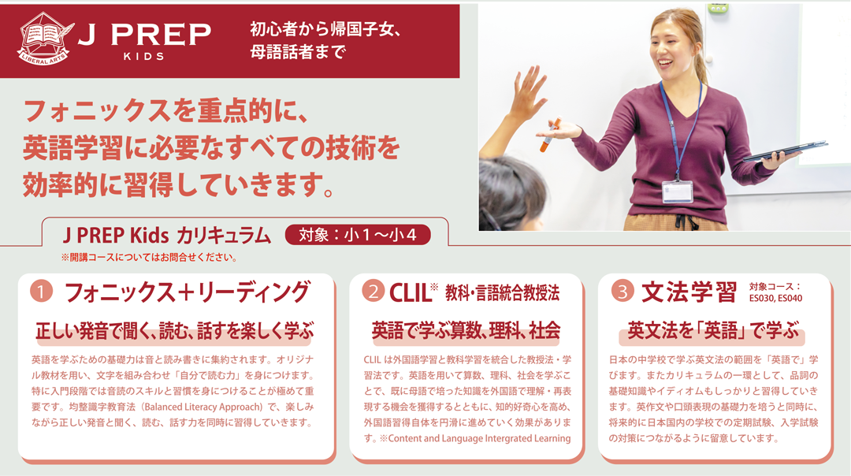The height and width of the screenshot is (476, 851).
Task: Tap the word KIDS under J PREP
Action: [144, 57]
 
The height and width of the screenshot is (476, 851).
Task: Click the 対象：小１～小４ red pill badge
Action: [358, 235]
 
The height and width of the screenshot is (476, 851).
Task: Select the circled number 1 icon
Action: [41, 291]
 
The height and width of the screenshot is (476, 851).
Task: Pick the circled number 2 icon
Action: [373, 292]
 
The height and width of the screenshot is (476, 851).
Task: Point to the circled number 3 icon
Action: [622, 292]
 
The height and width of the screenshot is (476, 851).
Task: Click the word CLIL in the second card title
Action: [410, 293]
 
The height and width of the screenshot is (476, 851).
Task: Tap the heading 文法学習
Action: [689, 292]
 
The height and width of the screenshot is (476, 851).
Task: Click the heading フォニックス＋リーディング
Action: [188, 292]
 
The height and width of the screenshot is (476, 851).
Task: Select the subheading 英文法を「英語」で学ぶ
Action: [712, 330]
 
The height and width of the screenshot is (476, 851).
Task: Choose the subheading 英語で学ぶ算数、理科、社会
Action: [466, 330]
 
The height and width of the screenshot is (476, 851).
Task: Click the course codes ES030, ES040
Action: [775, 298]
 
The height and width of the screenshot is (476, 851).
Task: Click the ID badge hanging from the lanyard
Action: [678, 192]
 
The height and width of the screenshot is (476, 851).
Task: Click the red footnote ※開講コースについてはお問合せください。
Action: [149, 258]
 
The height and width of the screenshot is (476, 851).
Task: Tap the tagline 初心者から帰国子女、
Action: [325, 29]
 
